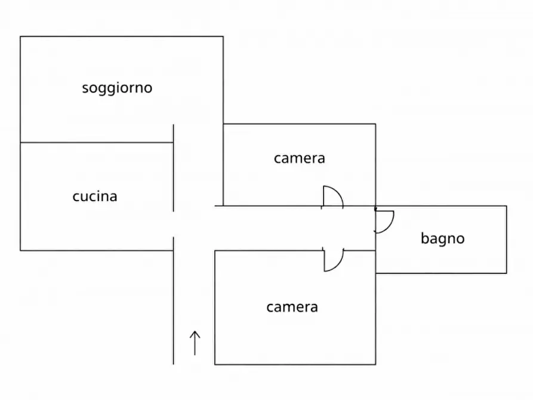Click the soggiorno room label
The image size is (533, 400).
[x=117, y=88]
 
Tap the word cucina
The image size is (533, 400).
[x=95, y=196]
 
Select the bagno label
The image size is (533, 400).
[x=442, y=239]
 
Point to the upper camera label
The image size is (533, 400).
[x=299, y=158]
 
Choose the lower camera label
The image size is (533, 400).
[x=292, y=307]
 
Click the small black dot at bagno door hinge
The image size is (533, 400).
[x=375, y=209]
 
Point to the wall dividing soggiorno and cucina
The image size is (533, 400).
[x=95, y=143]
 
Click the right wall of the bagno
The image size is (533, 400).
[x=507, y=239]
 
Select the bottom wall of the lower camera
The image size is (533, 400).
[x=295, y=364]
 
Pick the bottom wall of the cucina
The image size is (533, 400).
[x=95, y=250]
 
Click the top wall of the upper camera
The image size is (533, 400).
[x=299, y=124]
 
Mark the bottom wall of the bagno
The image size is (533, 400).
[x=441, y=273]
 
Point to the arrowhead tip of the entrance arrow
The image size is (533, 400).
[x=195, y=330]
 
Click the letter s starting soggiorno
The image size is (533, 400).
[x=85, y=89]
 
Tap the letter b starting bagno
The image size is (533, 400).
[x=424, y=238]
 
